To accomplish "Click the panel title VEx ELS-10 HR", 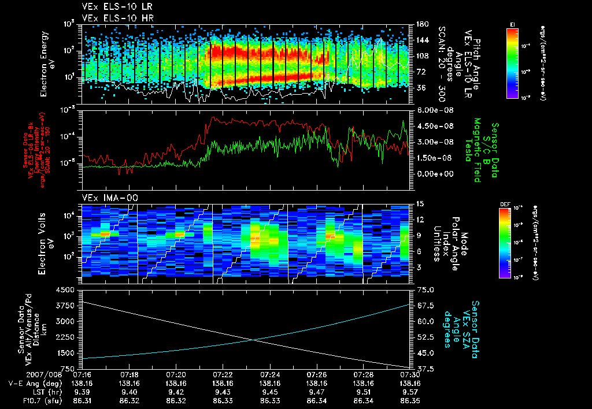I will tap(112, 18).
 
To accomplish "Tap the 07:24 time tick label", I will tap(269, 374).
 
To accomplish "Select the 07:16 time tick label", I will tap(82, 374).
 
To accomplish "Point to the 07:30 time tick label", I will tap(410, 374).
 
